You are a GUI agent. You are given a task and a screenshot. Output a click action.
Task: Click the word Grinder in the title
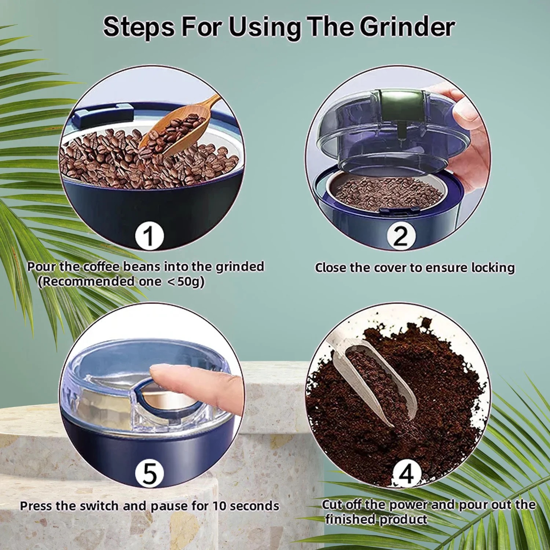pos(407,27)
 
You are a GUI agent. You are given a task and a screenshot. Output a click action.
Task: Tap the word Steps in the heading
pos(139,27)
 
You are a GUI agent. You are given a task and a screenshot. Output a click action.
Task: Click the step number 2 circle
pos(400,236)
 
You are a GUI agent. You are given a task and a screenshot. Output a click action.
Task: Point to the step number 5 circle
pos(149,473)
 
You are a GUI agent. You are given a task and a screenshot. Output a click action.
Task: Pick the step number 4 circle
pos(406,474)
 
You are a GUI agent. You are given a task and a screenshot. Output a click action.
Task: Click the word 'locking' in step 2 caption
pos(493,268)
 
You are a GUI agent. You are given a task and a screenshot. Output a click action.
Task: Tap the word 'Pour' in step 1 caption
pos(40,267)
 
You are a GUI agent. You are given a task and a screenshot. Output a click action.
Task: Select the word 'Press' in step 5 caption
pos(36,506)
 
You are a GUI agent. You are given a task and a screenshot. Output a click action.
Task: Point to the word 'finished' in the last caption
pos(350,520)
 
